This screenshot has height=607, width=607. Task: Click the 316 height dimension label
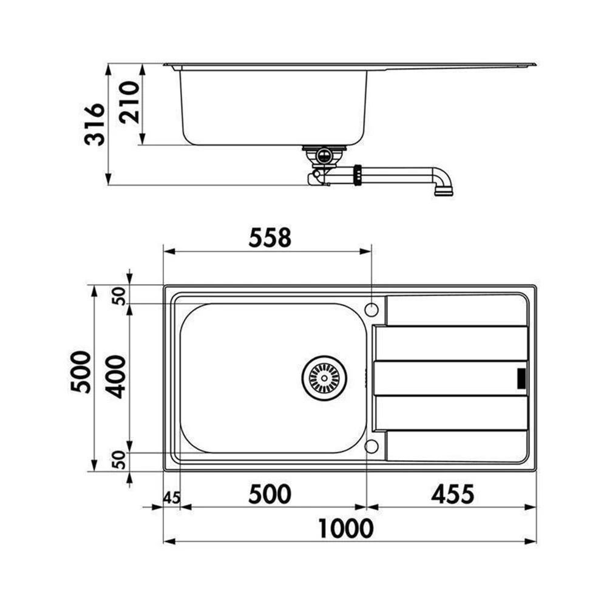(x=95, y=124)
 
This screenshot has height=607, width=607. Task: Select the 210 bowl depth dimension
(x=129, y=102)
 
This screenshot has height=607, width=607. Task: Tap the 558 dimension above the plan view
(x=270, y=238)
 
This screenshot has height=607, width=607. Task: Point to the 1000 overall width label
(x=346, y=529)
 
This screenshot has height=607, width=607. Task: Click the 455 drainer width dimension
(x=453, y=494)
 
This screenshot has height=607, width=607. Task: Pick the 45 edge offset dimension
(x=172, y=498)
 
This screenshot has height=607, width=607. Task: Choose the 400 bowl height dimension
(x=116, y=377)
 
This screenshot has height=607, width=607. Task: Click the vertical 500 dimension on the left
(x=81, y=371)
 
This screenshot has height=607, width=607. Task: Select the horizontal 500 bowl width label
(x=270, y=494)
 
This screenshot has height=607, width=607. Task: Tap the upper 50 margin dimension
(x=120, y=296)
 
